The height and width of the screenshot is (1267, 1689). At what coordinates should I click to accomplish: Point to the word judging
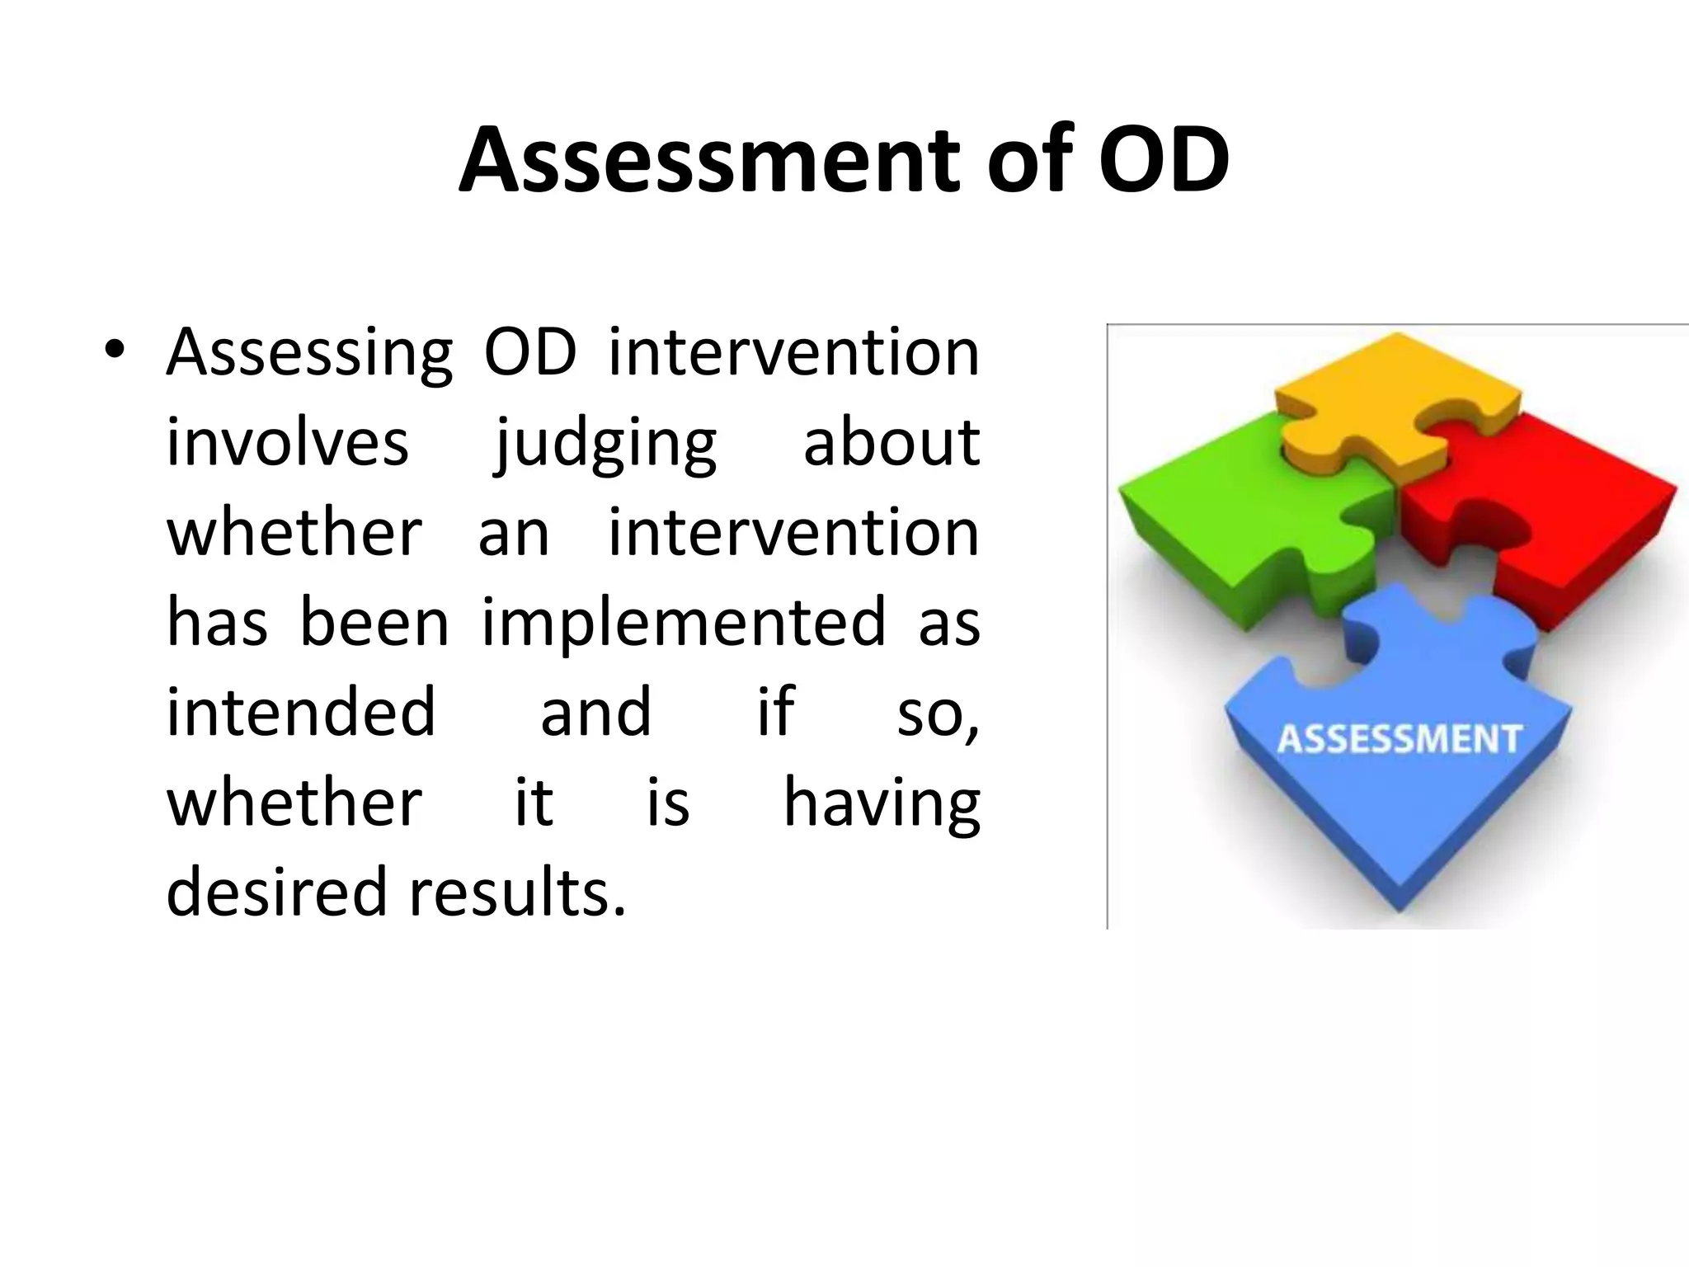point(606,445)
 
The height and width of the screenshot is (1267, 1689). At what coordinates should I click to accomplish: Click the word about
point(892,443)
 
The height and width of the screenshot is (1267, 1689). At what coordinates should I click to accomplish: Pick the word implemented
point(684,624)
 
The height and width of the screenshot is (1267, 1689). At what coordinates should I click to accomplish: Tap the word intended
point(301,712)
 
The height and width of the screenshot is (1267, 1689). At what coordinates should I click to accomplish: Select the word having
point(881,804)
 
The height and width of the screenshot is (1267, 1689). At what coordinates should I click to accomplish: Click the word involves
point(288,443)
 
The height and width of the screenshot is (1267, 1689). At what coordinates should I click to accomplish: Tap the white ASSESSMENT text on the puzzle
point(1399,739)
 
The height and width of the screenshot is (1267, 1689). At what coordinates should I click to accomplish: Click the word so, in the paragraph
point(938,714)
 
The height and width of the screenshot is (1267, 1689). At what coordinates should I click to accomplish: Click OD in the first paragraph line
point(529,353)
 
